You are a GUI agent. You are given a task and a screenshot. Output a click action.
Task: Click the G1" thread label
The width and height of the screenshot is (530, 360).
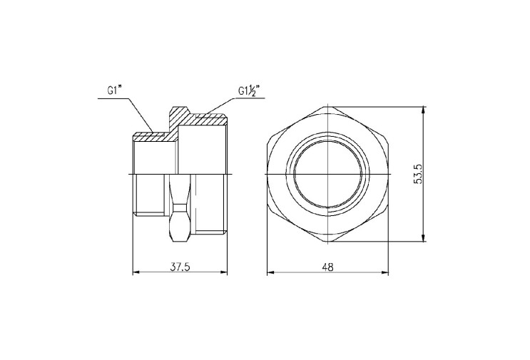click(114, 91)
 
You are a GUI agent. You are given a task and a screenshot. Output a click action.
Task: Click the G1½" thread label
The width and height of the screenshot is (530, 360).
click(248, 91)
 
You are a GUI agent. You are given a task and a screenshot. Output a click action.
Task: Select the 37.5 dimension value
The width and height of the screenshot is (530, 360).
click(180, 267)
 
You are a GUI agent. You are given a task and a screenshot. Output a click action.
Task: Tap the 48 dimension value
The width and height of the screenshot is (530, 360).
click(327, 267)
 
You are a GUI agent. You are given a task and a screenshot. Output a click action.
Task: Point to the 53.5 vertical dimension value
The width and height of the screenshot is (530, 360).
click(418, 174)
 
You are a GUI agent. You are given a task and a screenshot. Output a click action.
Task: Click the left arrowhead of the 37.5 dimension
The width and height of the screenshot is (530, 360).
click(136, 272)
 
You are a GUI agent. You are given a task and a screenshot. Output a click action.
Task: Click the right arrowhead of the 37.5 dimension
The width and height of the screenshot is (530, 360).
click(223, 272)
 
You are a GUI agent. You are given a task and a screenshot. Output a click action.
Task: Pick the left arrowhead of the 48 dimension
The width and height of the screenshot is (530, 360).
click(271, 272)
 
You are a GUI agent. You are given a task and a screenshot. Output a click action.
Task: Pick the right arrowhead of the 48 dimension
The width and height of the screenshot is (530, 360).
click(384, 272)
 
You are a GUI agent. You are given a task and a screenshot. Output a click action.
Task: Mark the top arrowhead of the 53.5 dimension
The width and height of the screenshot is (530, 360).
click(424, 110)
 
